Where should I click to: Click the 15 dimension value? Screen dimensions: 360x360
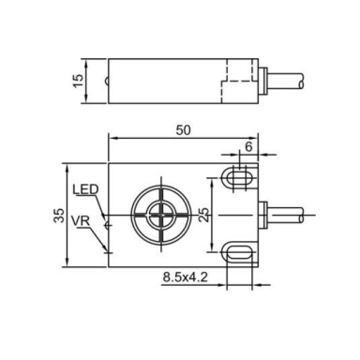(x=79, y=81)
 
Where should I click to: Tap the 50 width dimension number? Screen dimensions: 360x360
(x=183, y=130)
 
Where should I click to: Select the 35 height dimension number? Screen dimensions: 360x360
(x=59, y=215)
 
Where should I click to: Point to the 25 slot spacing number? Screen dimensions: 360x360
(x=203, y=215)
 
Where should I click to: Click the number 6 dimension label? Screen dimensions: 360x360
(x=248, y=146)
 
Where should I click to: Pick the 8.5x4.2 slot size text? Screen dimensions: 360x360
(x=185, y=277)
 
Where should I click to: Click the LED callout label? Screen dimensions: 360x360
(x=85, y=189)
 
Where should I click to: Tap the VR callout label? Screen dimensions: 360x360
(x=81, y=221)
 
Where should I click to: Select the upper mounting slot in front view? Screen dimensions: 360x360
(x=239, y=178)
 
